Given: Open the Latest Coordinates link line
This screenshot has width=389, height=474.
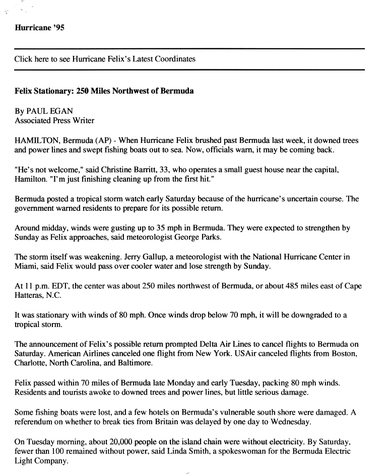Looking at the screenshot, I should click(105, 59).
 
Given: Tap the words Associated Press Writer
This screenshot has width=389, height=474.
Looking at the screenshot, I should click(54, 120).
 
